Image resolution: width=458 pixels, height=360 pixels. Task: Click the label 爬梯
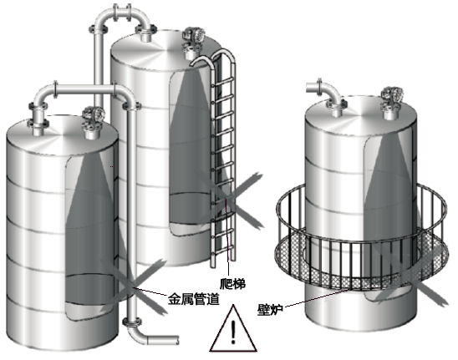tap(232, 283)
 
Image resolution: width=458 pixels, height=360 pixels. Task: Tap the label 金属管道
tap(194, 299)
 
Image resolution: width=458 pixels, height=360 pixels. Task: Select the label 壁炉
tap(270, 310)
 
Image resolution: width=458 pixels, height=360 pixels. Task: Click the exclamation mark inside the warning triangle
tap(233, 332)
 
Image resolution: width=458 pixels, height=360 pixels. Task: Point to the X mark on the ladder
tap(229, 200)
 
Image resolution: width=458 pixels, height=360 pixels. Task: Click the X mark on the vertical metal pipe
tap(133, 286)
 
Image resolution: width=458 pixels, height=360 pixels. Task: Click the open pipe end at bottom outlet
tap(177, 340)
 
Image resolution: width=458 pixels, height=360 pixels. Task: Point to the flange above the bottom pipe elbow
tap(132, 322)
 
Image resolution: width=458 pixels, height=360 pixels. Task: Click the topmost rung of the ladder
tap(223, 82)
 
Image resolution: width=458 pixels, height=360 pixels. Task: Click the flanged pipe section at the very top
tap(122, 13)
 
